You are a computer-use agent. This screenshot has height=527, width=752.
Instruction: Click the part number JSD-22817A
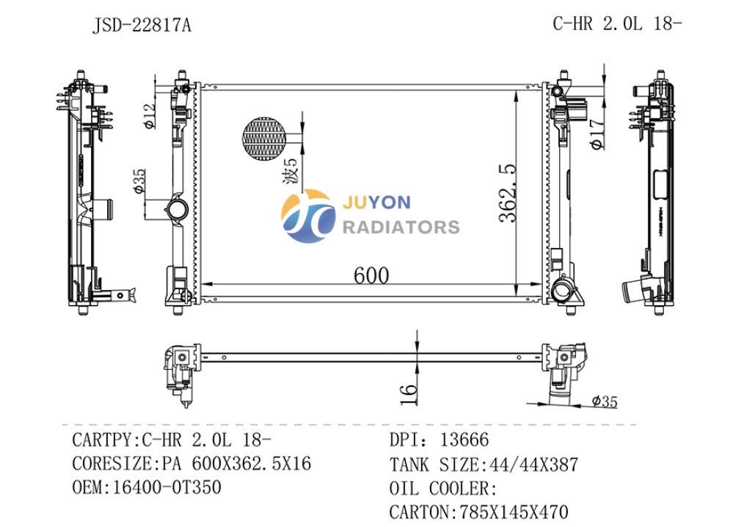pos(142,25)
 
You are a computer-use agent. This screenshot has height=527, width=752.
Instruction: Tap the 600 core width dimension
pos(371,275)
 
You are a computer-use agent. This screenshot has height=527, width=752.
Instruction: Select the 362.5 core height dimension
pos(508,193)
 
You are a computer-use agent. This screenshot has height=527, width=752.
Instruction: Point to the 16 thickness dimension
pos(409,395)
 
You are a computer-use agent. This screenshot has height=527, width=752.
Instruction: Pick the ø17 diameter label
pos(597,134)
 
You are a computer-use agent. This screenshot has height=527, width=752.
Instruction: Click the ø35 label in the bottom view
pos(605,401)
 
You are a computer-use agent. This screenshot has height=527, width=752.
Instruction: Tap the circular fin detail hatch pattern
pos(264,139)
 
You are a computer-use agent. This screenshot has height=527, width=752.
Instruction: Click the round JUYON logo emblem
pos(308,216)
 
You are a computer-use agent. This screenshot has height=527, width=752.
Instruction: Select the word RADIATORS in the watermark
pos(401,227)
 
